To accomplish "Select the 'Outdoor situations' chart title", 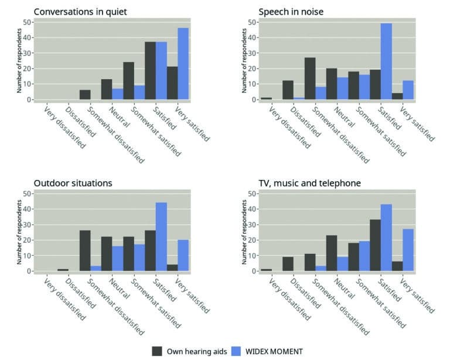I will [73, 183].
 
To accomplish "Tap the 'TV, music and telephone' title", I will [310, 183].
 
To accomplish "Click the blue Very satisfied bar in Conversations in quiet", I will [183, 64].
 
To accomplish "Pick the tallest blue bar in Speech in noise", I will [386, 62].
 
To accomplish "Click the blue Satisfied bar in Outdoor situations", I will [161, 237].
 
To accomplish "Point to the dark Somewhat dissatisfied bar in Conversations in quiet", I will [86, 95].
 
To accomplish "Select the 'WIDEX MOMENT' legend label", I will [274, 351].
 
